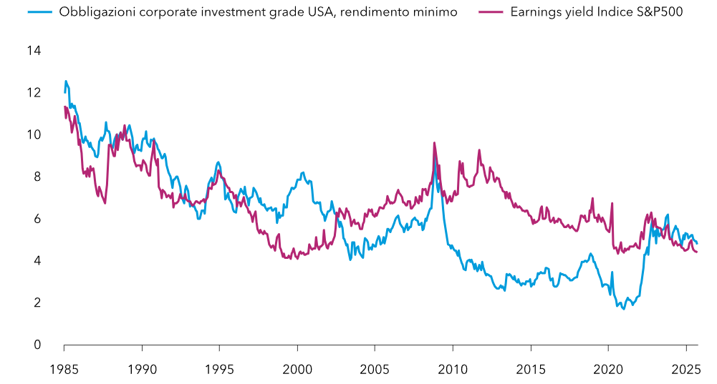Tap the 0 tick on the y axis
37,345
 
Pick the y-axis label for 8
37,177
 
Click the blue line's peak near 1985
66,82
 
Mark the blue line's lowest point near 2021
623,309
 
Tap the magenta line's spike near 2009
434,143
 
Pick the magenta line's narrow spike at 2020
612,204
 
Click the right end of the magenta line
697,252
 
